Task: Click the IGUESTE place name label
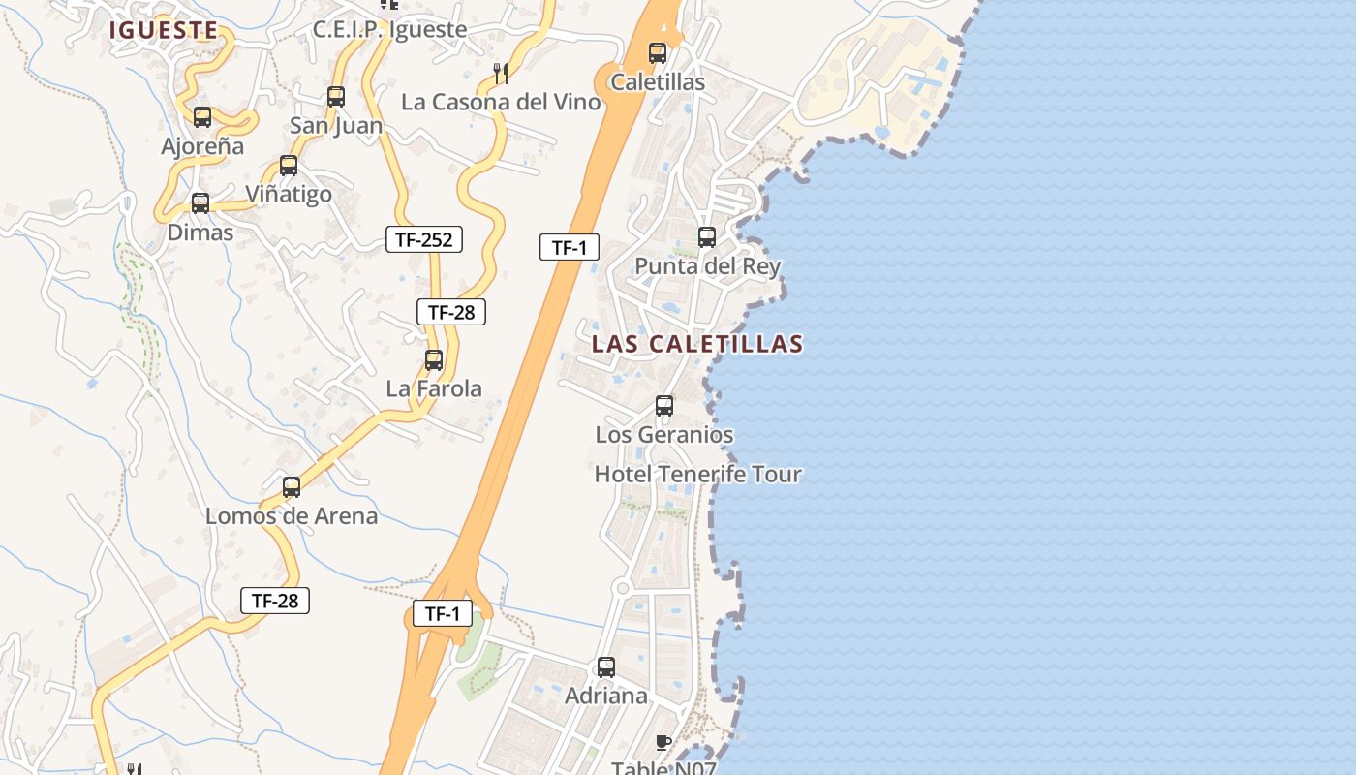tap(163, 30)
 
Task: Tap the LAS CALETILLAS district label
tap(697, 344)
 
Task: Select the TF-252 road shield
tap(424, 239)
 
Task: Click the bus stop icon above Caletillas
tap(658, 53)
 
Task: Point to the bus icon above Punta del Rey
tap(707, 237)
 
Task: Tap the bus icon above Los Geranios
tap(664, 406)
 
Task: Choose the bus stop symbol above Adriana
tap(606, 667)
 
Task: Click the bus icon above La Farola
tap(434, 360)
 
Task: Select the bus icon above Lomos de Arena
tap(292, 487)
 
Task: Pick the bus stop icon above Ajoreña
tap(202, 117)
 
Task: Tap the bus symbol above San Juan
tap(336, 97)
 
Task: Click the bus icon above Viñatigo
tap(289, 166)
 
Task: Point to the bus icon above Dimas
tap(200, 203)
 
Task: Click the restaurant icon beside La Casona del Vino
tap(501, 73)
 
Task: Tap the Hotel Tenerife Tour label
tap(697, 475)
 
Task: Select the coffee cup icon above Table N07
tap(663, 743)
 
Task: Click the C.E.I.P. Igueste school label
tap(389, 30)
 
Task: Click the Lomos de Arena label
tap(292, 516)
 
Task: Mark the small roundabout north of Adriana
tap(623, 588)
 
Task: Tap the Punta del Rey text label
tap(707, 266)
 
